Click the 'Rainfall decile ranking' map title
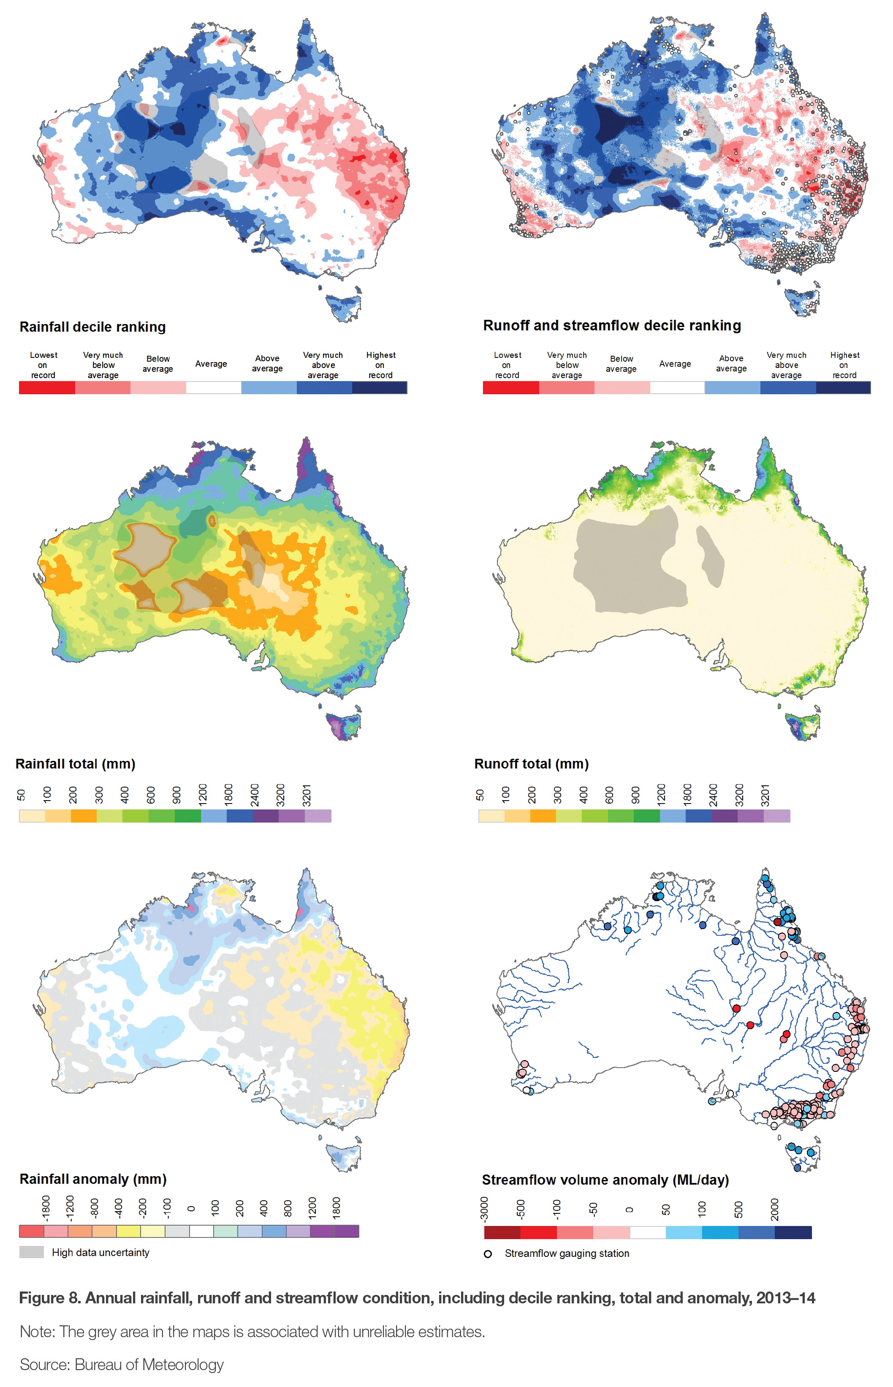pos(93,327)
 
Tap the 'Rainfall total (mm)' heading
pos(76,764)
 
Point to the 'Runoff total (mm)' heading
pos(531,764)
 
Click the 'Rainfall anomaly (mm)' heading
pos(93,1179)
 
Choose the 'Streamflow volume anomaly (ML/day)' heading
pos(605,1180)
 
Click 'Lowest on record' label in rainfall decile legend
pos(43,365)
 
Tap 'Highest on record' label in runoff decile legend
pos(844,365)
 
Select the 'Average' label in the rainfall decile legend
pos(211,364)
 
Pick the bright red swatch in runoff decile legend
pos(510,387)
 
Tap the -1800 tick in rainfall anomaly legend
pos(45,1207)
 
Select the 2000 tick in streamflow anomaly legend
pos(775,1209)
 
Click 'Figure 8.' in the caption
pos(50,1298)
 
